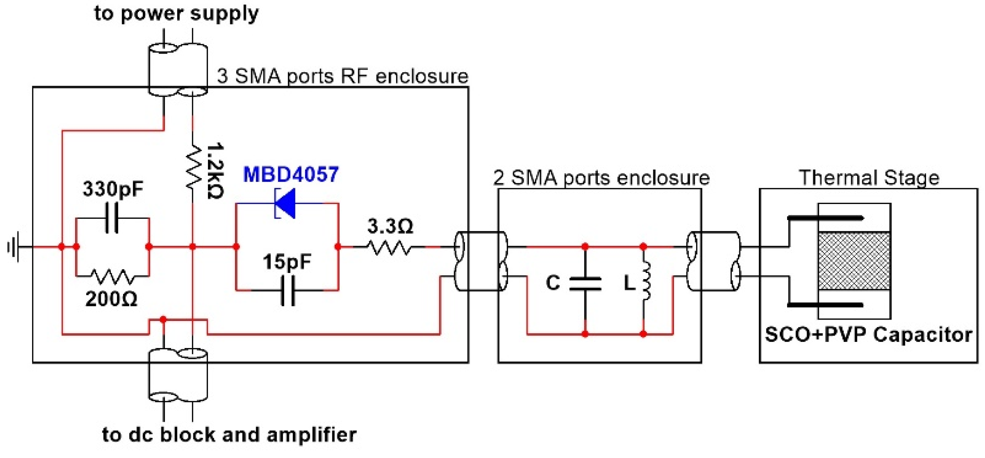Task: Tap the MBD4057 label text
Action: pos(291,174)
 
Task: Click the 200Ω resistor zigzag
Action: pos(112,276)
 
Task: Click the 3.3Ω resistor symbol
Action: pos(389,247)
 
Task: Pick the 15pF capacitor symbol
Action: pos(288,291)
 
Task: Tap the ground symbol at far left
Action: pos(13,247)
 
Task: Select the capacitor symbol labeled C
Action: pos(585,283)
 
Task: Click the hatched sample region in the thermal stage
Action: pos(854,261)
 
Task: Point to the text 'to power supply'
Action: pos(176,13)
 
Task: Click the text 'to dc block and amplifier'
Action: pos(229,435)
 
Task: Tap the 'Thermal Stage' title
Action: pos(869,178)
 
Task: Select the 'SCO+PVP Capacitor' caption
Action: pos(868,335)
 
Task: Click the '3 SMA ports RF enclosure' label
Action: pos(343,76)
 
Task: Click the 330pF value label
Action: pos(113,189)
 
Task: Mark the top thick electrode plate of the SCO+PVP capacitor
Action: pos(825,218)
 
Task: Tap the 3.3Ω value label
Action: pos(390,226)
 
